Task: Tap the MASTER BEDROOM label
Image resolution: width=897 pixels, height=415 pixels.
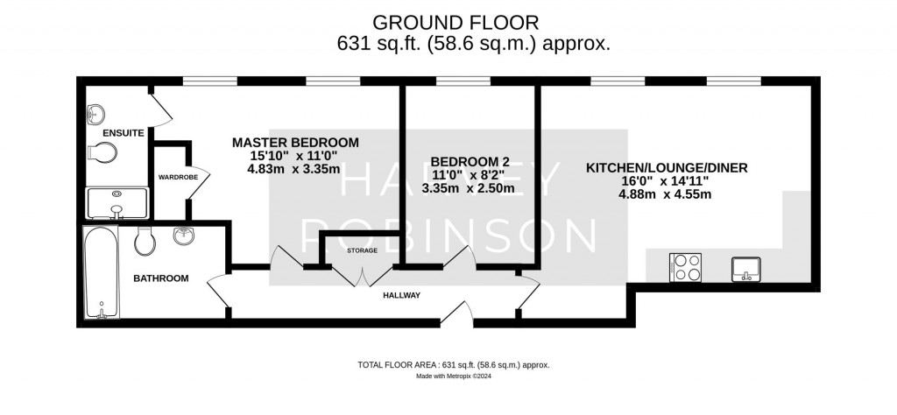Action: click(295, 142)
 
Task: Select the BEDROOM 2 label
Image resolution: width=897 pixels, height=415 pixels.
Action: click(469, 161)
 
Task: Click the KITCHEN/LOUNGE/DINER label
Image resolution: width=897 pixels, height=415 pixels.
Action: click(666, 167)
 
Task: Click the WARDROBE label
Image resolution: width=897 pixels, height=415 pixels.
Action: click(178, 177)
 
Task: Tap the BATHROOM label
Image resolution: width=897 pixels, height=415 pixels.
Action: click(160, 278)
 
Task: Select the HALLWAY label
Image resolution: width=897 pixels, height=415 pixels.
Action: click(402, 296)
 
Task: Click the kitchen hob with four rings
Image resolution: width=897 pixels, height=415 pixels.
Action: click(685, 267)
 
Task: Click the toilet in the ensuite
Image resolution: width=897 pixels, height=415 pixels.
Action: click(102, 154)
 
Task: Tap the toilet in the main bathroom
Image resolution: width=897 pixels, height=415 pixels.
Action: click(146, 238)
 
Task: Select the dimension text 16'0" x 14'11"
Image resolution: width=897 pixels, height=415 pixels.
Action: click(666, 181)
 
